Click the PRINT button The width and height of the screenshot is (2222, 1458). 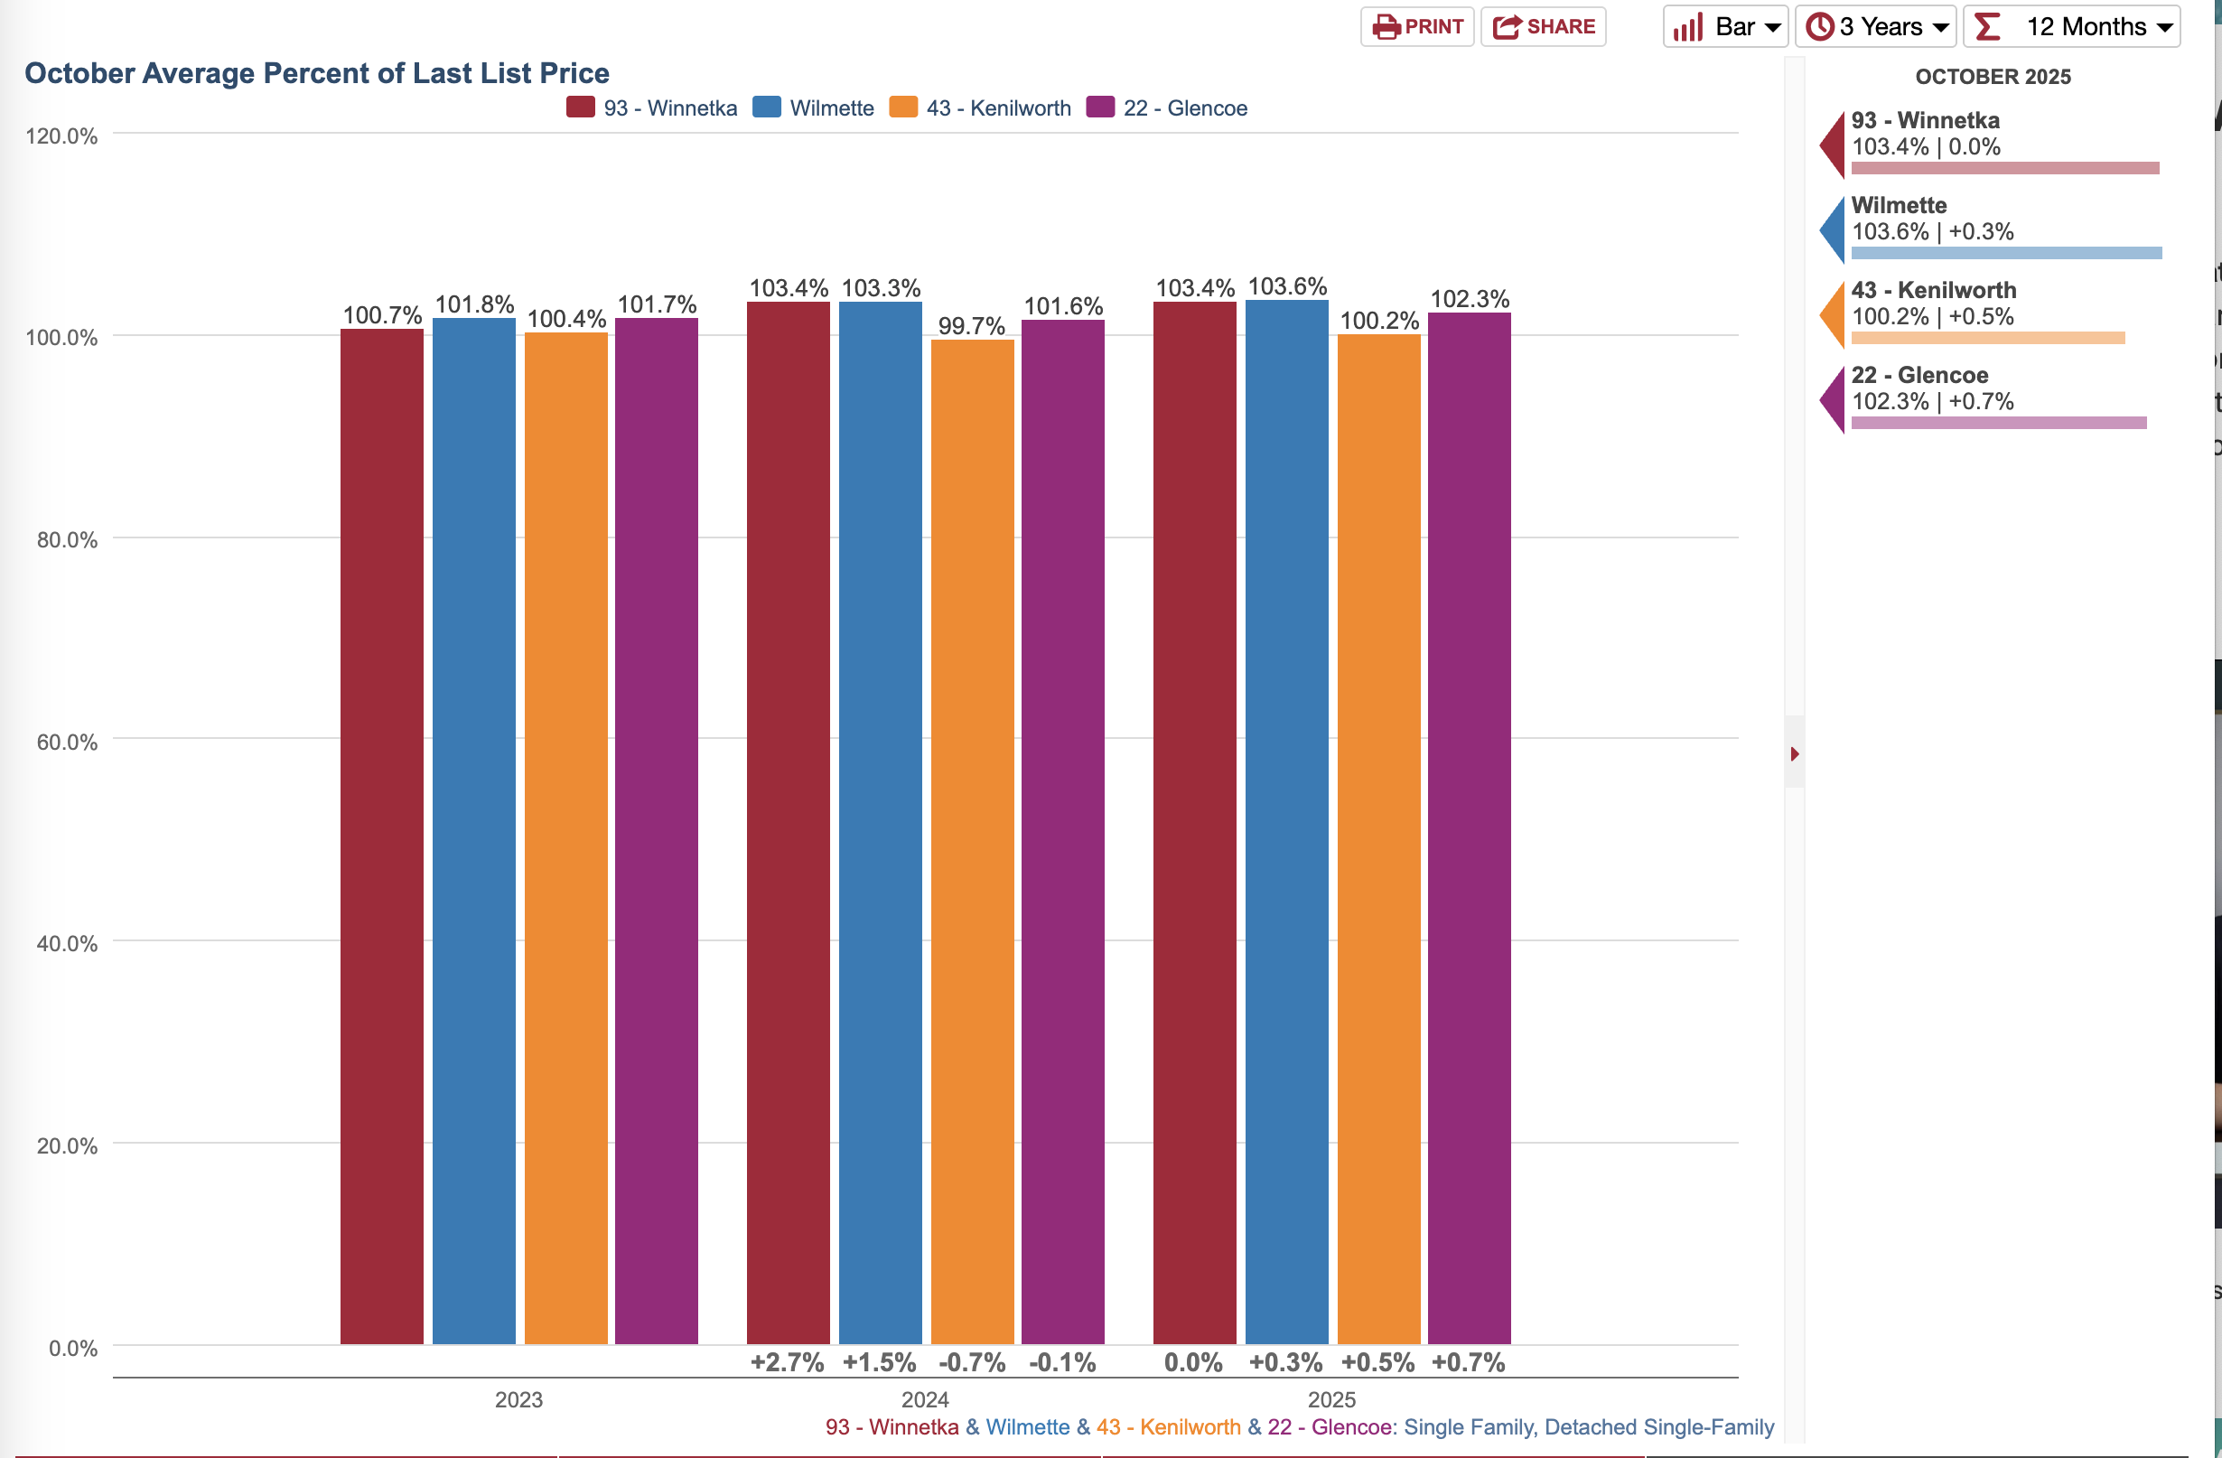(x=1416, y=26)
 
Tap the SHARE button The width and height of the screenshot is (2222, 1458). (x=1544, y=26)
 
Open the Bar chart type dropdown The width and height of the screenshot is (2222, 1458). (x=1725, y=26)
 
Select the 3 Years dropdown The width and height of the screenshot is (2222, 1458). (x=1876, y=26)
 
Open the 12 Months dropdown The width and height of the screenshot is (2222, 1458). (x=2072, y=26)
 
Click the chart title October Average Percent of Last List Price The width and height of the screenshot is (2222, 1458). (x=316, y=73)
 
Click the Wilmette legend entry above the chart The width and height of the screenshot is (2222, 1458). (x=831, y=108)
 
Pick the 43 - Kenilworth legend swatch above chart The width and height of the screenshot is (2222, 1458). (x=904, y=107)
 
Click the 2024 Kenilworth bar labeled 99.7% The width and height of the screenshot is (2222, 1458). (x=972, y=840)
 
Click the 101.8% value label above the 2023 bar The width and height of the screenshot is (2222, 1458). (x=474, y=304)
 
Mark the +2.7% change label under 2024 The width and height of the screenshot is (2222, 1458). (x=787, y=1363)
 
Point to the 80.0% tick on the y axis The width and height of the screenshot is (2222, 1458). (x=67, y=539)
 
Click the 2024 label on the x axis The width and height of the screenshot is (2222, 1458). (x=925, y=1399)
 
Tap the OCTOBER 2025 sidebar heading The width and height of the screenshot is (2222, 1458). (x=1993, y=77)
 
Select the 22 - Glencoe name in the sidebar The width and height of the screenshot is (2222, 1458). (x=1919, y=375)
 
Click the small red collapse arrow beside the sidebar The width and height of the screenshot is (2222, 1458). (x=1795, y=753)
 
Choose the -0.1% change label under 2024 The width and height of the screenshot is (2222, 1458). (x=1062, y=1363)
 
